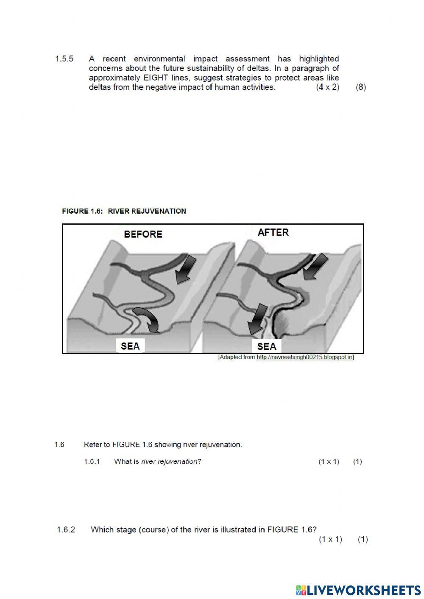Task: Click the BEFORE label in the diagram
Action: (143, 234)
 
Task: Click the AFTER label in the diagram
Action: (273, 232)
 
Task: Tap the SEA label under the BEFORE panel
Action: (130, 346)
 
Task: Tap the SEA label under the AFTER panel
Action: (267, 346)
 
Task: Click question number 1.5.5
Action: (64, 59)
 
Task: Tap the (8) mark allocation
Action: (361, 87)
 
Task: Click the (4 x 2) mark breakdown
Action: (328, 87)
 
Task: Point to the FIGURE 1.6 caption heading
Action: (124, 211)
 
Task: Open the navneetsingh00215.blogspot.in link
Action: (305, 357)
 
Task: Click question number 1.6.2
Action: (66, 529)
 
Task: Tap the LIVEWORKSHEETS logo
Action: (358, 590)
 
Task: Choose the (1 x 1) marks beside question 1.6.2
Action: (330, 539)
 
